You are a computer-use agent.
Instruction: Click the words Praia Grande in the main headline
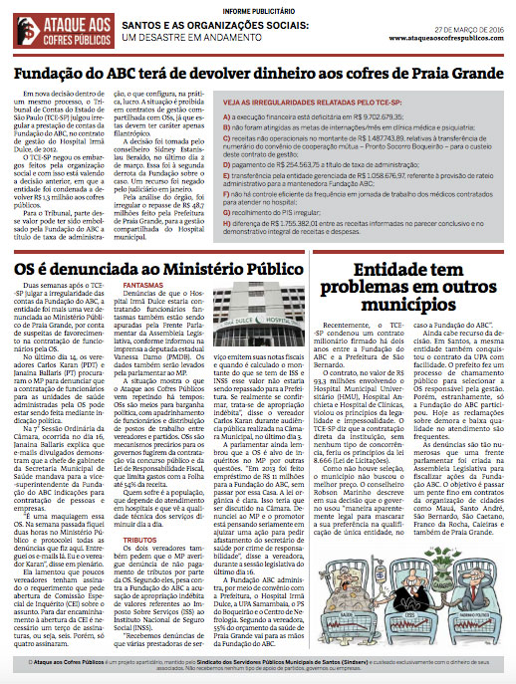434,74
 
